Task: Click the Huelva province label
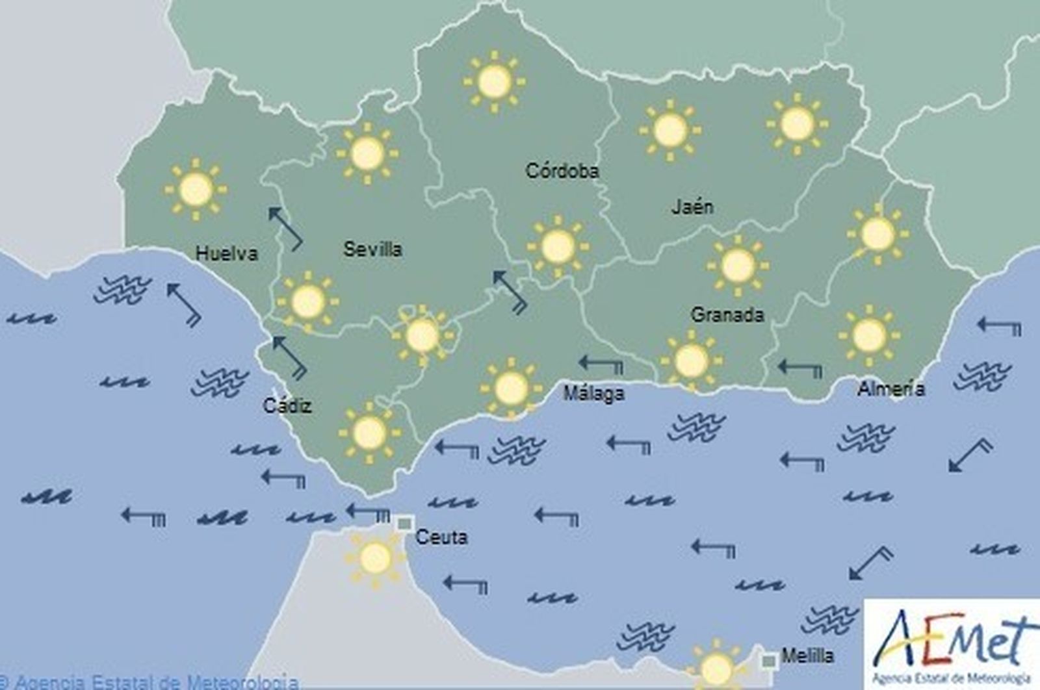click(226, 253)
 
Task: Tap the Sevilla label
click(372, 249)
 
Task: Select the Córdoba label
click(562, 171)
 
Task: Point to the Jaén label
click(692, 207)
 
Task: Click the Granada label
click(727, 315)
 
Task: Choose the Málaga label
click(593, 393)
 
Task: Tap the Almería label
click(891, 389)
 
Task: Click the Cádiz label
click(287, 406)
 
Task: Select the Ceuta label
click(441, 537)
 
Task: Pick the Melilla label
click(807, 656)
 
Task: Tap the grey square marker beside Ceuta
click(405, 523)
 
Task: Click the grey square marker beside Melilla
click(769, 661)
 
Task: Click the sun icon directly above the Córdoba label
click(494, 82)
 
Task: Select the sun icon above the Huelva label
click(196, 189)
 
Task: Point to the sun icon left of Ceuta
click(375, 557)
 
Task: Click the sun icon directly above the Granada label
click(737, 265)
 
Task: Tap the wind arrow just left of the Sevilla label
click(285, 228)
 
